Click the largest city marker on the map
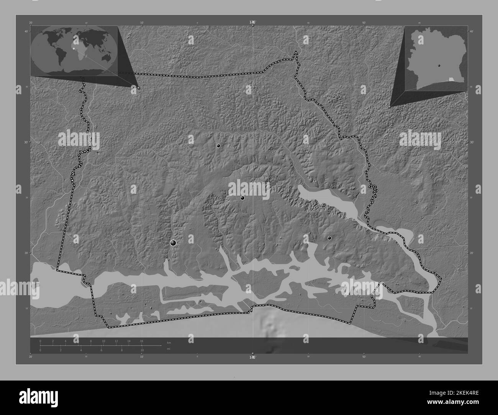point(173,242)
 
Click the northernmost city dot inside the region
point(218,145)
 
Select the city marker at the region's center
point(242,198)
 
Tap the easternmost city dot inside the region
point(329,238)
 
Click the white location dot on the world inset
point(73,49)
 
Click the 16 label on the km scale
point(141,341)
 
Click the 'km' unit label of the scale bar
point(169,342)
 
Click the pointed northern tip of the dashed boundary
point(296,52)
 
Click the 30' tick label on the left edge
point(26,142)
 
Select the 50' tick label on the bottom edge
point(364,357)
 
